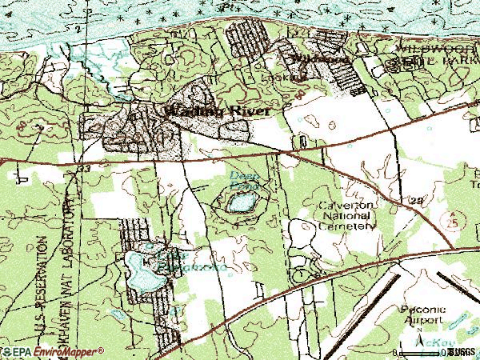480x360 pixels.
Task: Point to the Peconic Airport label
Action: (420, 313)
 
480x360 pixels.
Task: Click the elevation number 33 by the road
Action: (85, 170)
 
